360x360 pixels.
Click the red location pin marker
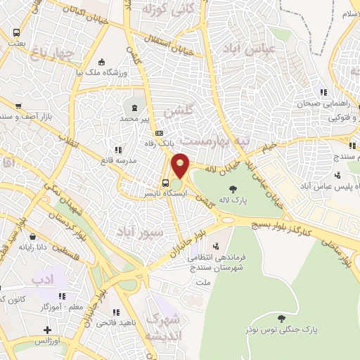(x=181, y=165)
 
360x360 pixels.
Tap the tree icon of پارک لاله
(x=233, y=188)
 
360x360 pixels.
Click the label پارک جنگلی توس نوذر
(x=282, y=328)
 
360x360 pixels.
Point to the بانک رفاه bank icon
(x=160, y=133)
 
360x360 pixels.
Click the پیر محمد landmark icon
(x=134, y=107)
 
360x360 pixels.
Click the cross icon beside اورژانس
(x=47, y=330)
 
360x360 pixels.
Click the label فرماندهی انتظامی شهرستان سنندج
(x=214, y=261)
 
